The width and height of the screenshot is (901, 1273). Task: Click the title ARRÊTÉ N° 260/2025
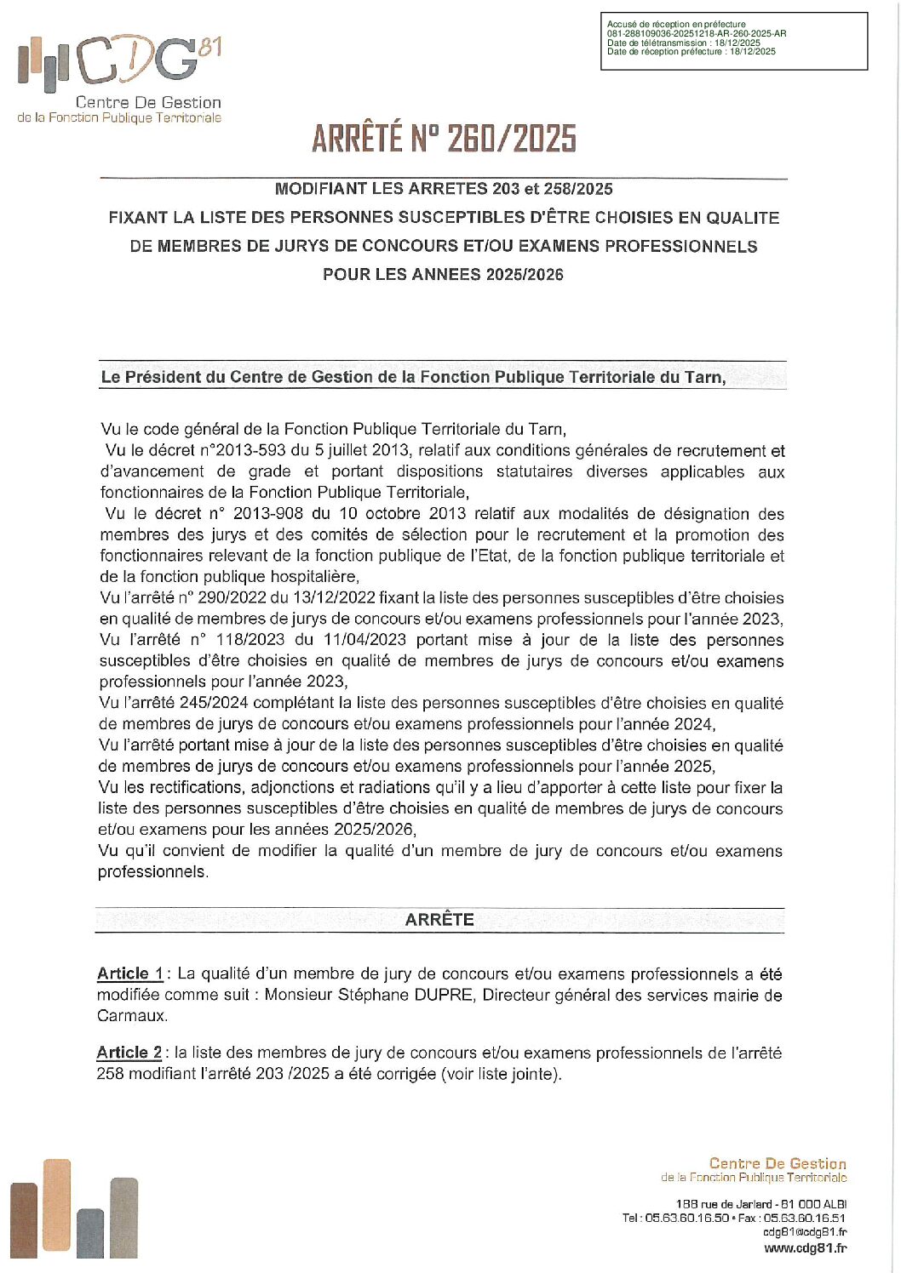click(x=444, y=139)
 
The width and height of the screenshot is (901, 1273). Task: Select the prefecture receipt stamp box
click(x=733, y=40)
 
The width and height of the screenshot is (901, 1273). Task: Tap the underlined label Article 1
click(x=129, y=973)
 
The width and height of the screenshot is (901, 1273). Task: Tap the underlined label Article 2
click(x=129, y=1053)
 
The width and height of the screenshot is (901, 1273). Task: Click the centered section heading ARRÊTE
click(x=439, y=920)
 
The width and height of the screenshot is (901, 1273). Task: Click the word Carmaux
click(x=132, y=1016)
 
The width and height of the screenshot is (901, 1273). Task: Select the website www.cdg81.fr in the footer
click(x=805, y=1248)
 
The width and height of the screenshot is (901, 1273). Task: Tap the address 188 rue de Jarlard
click(x=724, y=1204)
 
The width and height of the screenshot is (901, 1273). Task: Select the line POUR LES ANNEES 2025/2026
click(x=443, y=275)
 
